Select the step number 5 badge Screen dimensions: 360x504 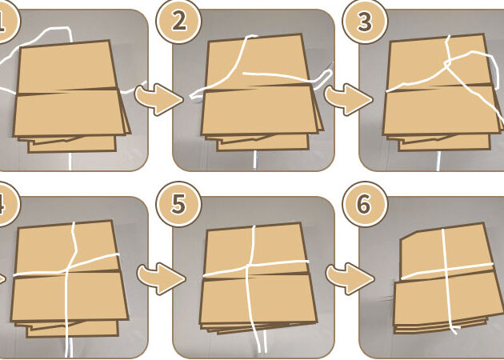point(178,204)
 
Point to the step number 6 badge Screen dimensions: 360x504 point(364,204)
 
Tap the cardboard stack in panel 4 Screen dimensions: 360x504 point(68,276)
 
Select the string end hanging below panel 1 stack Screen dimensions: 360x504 point(70,161)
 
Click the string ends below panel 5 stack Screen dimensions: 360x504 point(258,342)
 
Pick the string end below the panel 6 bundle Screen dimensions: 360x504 point(454,329)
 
